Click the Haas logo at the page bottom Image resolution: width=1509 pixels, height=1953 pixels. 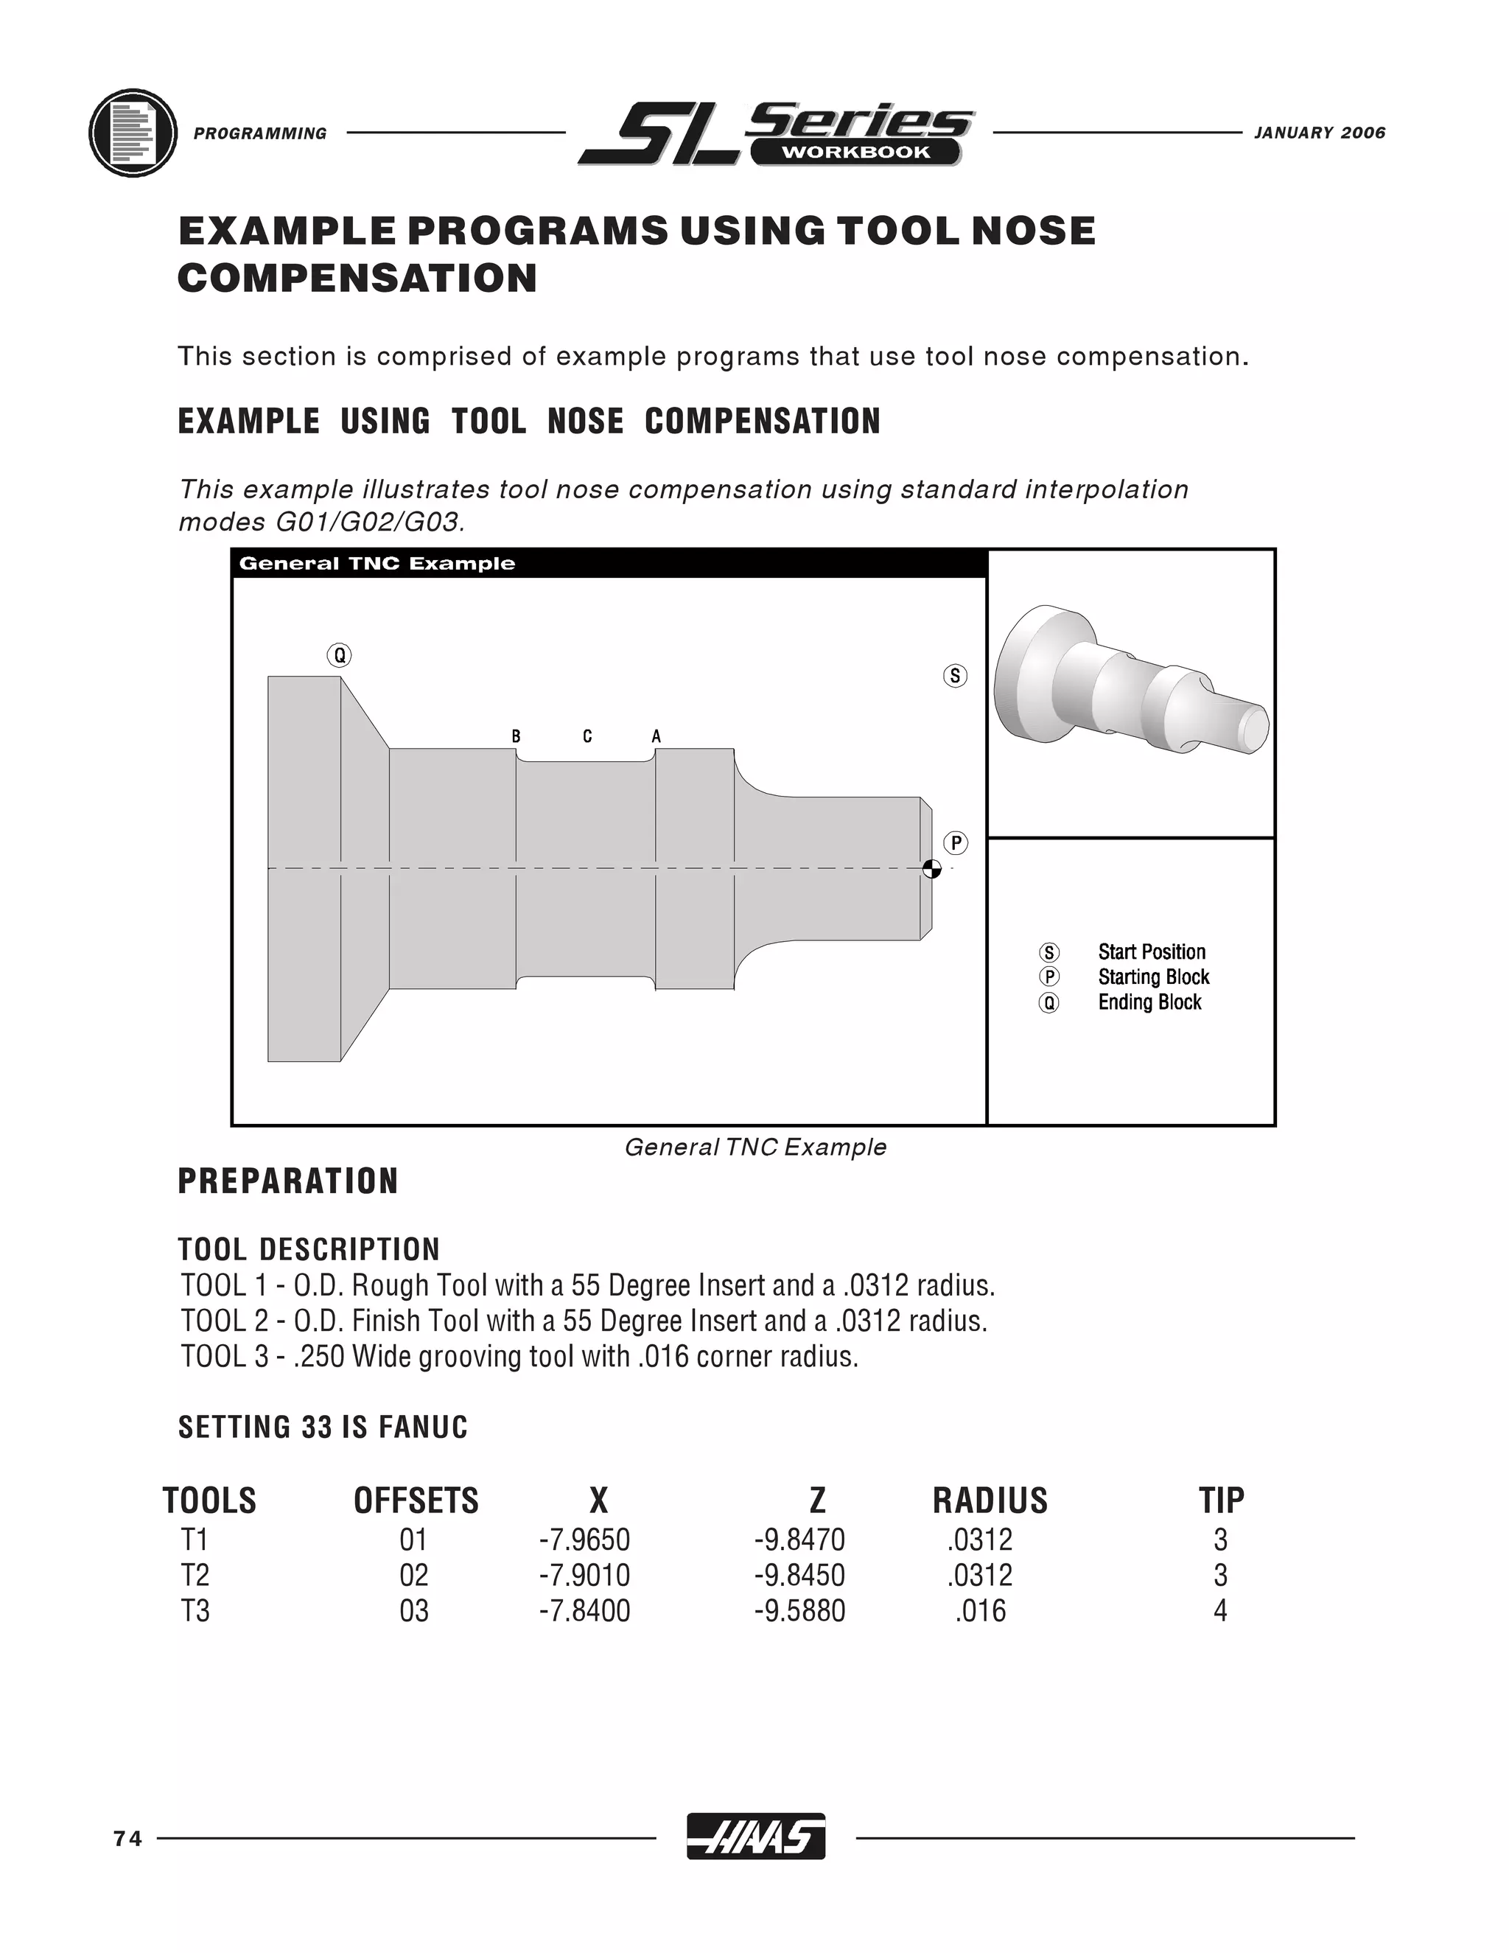[755, 1837]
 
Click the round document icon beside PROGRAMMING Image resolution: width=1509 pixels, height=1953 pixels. [133, 133]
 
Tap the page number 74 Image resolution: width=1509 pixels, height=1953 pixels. [127, 1839]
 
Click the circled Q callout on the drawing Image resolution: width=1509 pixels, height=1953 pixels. [339, 655]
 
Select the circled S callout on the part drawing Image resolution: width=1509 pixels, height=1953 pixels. [955, 675]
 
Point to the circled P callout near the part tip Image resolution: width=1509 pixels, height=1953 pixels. [956, 842]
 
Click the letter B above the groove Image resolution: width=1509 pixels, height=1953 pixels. [516, 737]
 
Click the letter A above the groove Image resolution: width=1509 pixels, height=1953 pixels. [657, 737]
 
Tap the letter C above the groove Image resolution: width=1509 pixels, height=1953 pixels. [587, 737]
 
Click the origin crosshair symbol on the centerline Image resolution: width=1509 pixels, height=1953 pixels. [931, 868]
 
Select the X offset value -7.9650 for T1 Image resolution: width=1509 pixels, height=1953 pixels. [584, 1540]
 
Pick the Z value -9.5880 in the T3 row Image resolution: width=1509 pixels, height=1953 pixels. [799, 1610]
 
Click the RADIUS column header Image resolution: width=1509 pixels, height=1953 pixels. [990, 1500]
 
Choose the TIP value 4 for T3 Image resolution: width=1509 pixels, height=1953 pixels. [1220, 1610]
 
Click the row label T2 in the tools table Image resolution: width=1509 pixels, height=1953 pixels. [195, 1575]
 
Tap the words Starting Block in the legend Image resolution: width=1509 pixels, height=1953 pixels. [1153, 976]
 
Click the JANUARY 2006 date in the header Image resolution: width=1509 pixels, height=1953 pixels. [1320, 133]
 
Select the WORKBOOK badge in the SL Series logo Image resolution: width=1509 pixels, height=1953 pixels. [855, 152]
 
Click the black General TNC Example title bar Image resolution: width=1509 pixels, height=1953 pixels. [609, 563]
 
